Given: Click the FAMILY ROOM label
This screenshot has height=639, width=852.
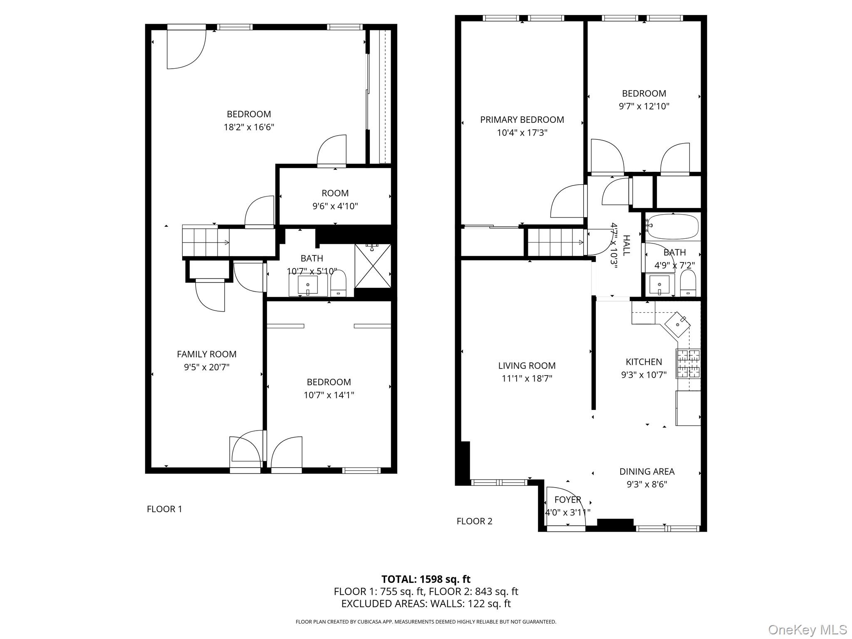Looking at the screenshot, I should click(206, 354).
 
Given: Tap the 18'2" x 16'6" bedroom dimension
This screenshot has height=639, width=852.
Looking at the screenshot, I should click(249, 127).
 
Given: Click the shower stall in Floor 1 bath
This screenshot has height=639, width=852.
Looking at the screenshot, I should click(373, 266).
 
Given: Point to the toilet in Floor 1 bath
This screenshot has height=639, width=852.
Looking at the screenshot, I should click(338, 283).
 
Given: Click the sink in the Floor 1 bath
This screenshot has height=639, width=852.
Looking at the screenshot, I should click(308, 285).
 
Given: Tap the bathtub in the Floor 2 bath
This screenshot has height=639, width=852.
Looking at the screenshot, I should click(671, 227).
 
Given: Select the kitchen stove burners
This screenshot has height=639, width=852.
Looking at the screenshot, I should click(688, 363).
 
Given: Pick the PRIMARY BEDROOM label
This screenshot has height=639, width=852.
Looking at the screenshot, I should click(522, 120).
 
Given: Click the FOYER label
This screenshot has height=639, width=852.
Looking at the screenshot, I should click(567, 500).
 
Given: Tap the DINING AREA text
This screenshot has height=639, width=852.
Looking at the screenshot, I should click(647, 471).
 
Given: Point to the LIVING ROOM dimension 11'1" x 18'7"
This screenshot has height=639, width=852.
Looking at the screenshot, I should click(527, 378).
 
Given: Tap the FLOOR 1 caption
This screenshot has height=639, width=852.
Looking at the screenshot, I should click(164, 509).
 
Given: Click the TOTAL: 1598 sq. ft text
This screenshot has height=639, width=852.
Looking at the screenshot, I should click(426, 579).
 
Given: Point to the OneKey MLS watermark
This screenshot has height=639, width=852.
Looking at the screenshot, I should click(807, 629).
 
